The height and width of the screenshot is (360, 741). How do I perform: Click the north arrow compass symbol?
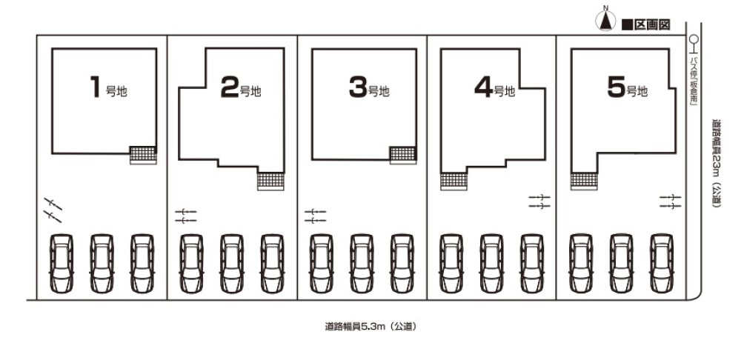(605, 21)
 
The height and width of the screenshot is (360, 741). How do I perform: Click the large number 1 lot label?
(96, 87)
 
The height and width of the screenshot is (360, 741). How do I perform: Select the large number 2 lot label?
(230, 87)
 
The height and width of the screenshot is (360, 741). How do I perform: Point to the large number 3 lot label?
(358, 87)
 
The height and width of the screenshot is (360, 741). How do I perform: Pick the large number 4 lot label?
(484, 87)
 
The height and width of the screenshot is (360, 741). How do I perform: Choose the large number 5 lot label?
(617, 87)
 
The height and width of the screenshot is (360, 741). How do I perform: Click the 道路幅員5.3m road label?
(370, 326)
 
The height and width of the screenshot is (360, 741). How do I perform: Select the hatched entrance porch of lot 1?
(143, 156)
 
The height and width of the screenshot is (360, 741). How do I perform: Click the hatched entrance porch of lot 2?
(270, 181)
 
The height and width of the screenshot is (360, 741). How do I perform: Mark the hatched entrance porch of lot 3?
(403, 156)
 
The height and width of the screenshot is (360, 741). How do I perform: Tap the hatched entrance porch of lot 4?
(453, 181)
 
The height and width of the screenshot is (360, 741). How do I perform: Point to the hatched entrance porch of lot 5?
(584, 181)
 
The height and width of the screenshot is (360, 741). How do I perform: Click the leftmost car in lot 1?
(62, 263)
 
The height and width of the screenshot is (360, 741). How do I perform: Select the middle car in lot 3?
(362, 263)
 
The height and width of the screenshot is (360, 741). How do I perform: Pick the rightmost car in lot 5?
(662, 263)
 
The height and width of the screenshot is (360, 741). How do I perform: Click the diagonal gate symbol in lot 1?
(53, 210)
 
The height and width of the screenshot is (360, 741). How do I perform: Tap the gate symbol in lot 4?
(539, 201)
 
